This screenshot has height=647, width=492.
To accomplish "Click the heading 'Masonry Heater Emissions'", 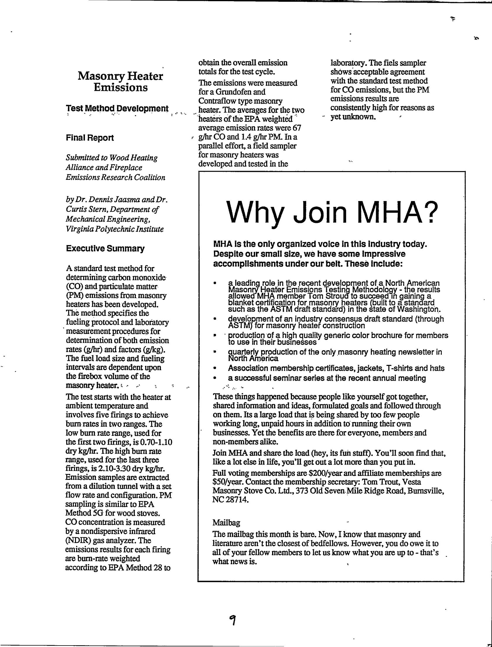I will [x=120, y=82].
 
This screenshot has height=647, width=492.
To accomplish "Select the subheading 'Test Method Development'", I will [x=117, y=108].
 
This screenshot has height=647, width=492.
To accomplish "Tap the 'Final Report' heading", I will [x=90, y=138].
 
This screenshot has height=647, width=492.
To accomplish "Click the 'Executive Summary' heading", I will [x=105, y=249].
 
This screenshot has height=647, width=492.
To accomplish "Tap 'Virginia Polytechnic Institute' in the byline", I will [x=115, y=229].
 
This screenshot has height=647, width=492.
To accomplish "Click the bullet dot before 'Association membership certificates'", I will [x=215, y=368].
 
